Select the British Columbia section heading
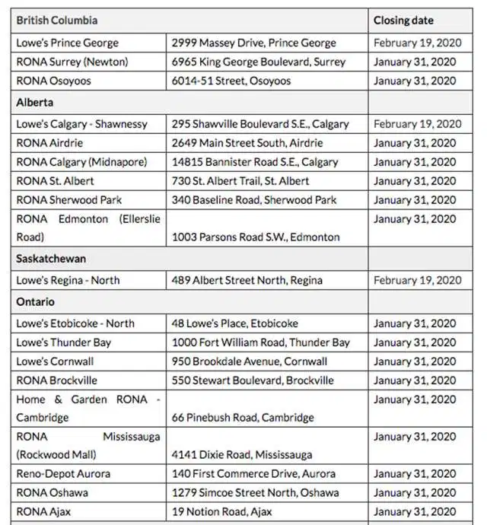(57, 21)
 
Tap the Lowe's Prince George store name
(68, 43)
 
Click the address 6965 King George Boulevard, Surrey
(259, 62)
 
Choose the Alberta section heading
(35, 102)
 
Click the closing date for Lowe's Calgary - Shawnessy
(418, 124)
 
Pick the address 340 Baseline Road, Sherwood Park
(254, 200)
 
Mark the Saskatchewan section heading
(51, 259)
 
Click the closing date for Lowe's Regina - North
(418, 280)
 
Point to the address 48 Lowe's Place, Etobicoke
(235, 323)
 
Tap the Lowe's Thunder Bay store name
(64, 342)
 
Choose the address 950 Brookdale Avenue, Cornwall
(250, 361)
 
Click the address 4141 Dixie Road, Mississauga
(242, 455)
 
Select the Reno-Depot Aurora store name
(63, 473)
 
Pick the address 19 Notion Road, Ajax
(221, 511)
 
